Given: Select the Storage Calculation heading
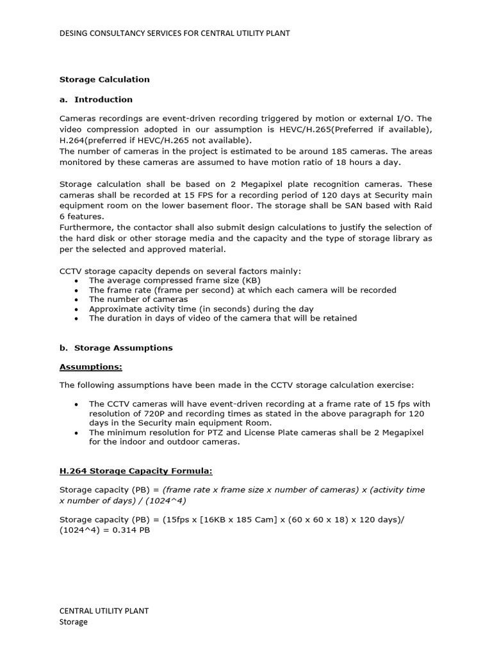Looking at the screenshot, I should click(x=104, y=79).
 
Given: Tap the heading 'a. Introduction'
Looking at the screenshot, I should click(x=96, y=99).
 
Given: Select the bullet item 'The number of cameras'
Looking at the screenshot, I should click(x=138, y=299).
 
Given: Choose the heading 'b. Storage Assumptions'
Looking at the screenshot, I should click(x=116, y=348).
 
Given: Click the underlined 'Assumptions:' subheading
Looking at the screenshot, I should click(x=90, y=367).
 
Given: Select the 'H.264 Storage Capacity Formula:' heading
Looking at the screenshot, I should click(x=136, y=471).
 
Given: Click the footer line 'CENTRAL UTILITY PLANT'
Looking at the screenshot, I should click(x=104, y=610).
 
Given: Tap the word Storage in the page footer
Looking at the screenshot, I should click(x=74, y=622).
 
